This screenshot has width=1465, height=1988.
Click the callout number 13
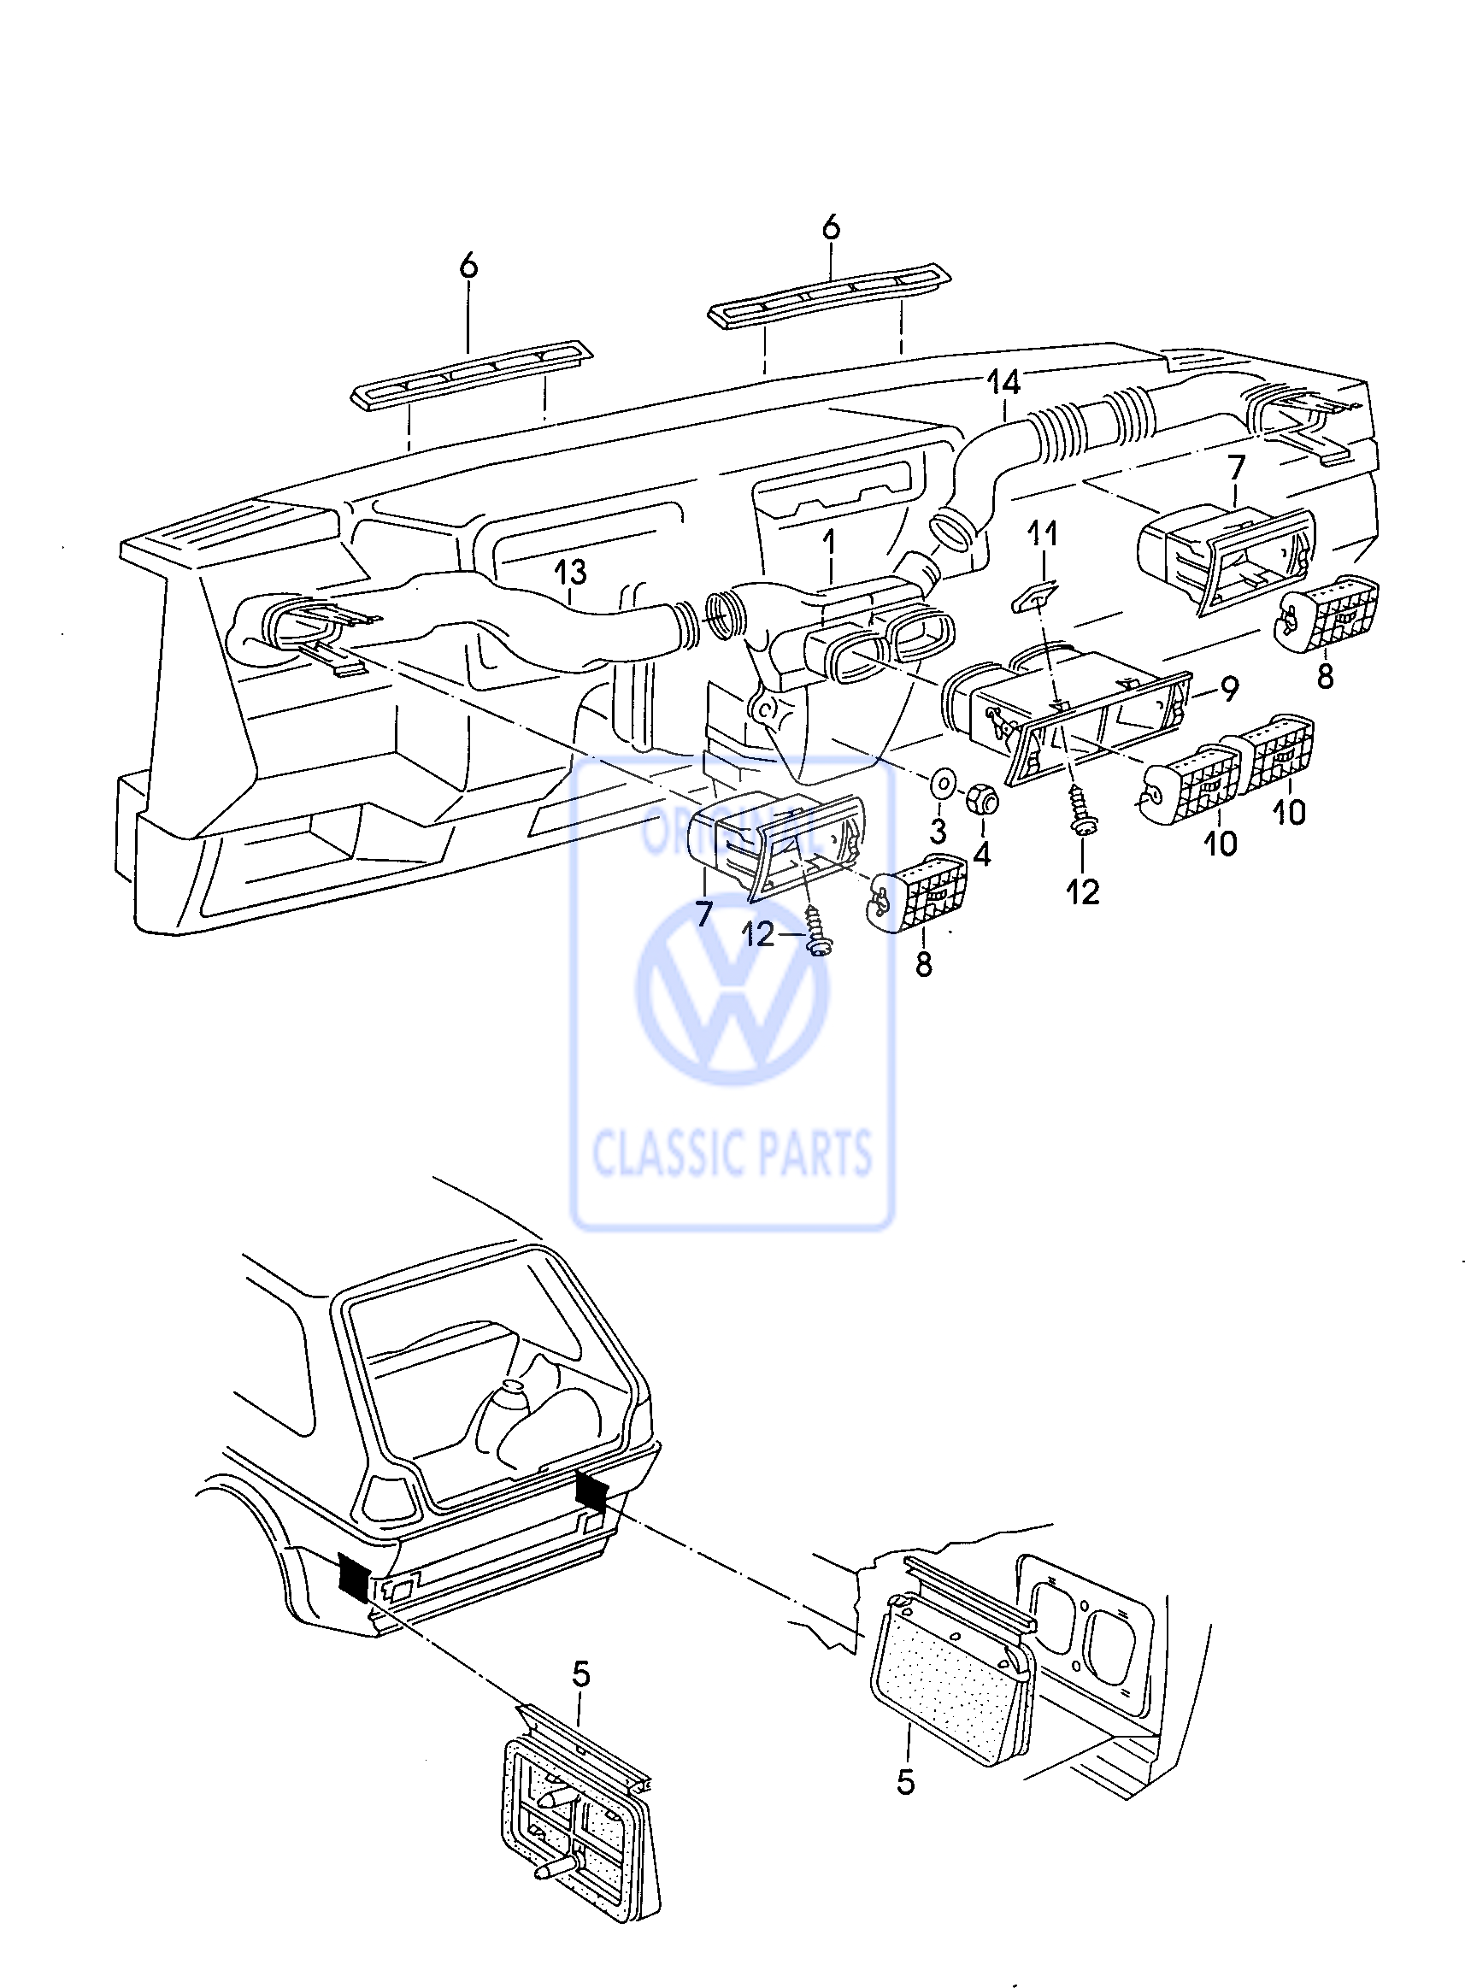click(571, 572)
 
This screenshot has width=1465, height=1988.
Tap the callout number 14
click(1003, 383)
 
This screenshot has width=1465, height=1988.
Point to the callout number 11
click(1043, 535)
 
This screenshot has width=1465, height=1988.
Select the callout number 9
click(1229, 688)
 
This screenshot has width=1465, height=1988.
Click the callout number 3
click(938, 831)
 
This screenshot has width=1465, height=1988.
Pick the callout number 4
click(982, 855)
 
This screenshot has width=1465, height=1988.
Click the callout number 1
click(829, 543)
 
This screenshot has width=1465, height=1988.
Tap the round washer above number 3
click(941, 784)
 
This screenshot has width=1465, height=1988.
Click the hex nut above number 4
click(984, 794)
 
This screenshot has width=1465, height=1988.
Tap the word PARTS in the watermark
click(809, 1153)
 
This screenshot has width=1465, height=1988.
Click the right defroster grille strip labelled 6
click(831, 297)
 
